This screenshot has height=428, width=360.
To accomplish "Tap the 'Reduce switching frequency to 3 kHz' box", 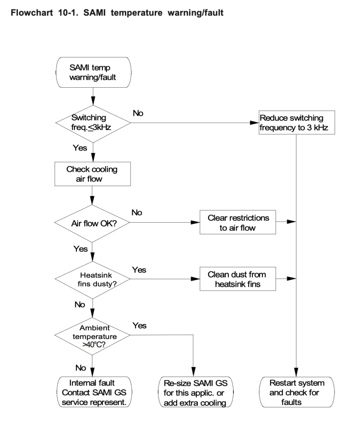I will (x=296, y=122).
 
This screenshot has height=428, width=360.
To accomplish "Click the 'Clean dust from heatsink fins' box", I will (x=238, y=278).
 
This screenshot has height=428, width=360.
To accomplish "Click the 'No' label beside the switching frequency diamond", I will (x=138, y=113).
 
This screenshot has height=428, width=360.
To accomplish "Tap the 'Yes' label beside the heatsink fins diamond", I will (x=139, y=270).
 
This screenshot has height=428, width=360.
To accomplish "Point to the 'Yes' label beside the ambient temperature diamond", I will (x=139, y=324).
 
